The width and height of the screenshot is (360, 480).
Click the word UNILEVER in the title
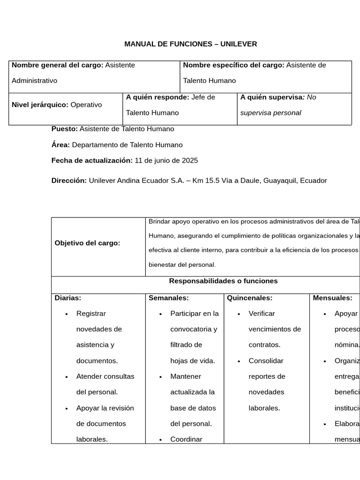(x=239, y=44)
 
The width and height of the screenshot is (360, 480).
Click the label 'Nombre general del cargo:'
(x=57, y=65)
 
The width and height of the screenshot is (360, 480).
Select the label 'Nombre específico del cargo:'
(x=233, y=65)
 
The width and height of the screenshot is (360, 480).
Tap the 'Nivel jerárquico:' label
(x=40, y=105)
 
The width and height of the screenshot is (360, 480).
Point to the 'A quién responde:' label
(x=157, y=97)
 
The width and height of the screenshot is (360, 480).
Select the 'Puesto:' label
(x=65, y=129)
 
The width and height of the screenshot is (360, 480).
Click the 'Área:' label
(x=60, y=145)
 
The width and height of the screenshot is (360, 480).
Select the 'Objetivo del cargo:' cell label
(x=87, y=243)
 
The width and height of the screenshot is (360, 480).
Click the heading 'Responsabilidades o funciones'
(x=223, y=281)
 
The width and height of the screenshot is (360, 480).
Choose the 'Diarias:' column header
(x=68, y=298)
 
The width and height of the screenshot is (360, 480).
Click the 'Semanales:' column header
(x=169, y=298)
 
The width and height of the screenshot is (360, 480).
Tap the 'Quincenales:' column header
(x=249, y=298)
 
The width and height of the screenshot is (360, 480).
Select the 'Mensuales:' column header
(x=332, y=298)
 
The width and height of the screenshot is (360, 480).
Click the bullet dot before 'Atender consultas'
(x=67, y=377)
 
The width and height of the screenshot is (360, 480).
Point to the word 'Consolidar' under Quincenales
(x=266, y=361)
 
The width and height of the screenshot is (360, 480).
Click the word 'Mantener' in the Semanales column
(x=186, y=376)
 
